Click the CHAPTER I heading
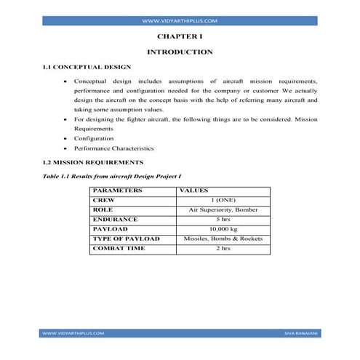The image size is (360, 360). pos(180,35)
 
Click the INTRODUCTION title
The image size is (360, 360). pos(180,52)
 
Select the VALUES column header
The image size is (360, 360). pos(193,191)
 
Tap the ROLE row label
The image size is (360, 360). pos(103,209)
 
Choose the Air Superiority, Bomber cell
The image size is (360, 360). pos(223,209)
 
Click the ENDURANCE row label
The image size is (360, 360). pos(115,219)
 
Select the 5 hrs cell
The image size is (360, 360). pos(223,219)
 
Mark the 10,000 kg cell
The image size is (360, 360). pos(223,229)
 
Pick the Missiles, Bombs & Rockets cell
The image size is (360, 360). pos(223,239)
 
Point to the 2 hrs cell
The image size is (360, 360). pos(223,249)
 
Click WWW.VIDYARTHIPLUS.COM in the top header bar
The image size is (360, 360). pos(180,22)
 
